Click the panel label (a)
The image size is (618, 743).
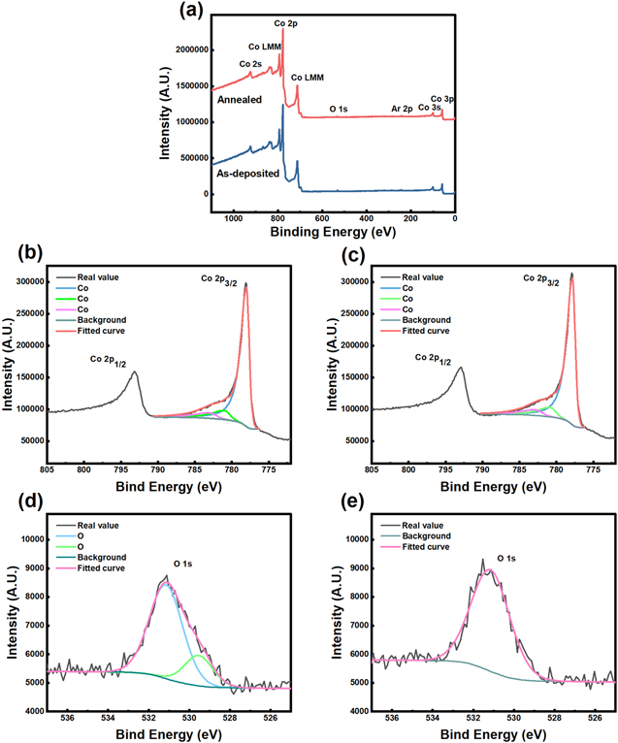(190, 13)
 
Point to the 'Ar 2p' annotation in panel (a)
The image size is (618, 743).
(401, 109)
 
